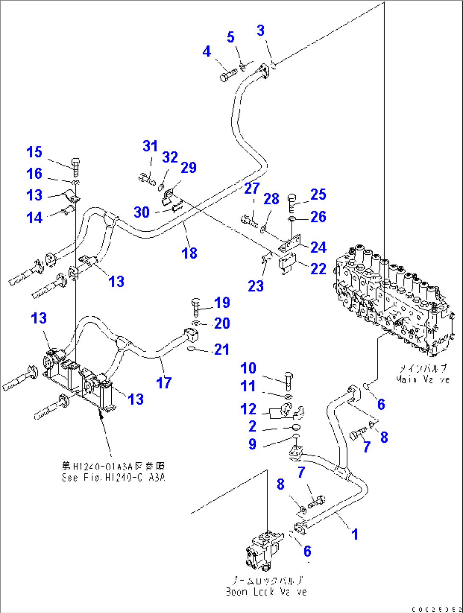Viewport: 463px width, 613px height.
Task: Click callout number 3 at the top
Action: point(260,31)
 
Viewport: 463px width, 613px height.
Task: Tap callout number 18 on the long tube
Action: point(189,253)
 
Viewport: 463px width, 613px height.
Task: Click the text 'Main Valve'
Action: point(422,379)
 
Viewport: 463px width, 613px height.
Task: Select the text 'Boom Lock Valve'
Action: point(266,591)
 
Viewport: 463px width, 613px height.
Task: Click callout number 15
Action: point(34,152)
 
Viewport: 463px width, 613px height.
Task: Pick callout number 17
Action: point(164,382)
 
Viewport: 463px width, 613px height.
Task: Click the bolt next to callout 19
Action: point(196,306)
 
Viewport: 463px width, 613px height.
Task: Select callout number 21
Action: point(221,349)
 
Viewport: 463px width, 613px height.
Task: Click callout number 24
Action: point(318,247)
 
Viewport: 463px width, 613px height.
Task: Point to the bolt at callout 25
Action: point(292,202)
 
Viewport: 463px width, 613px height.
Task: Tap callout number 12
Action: point(248,409)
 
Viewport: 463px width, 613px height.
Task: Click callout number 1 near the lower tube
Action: point(355,534)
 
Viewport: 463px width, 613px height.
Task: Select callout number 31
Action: point(150,146)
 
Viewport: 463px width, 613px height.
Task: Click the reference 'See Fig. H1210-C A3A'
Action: point(113,478)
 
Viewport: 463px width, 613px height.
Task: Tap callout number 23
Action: point(255,286)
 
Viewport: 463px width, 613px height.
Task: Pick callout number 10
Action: point(248,368)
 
